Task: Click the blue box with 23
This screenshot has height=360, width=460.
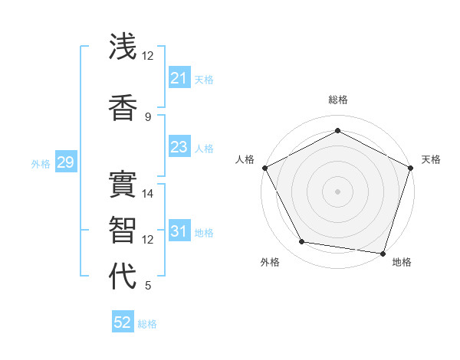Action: (x=179, y=147)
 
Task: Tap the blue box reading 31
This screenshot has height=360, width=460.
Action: (x=179, y=231)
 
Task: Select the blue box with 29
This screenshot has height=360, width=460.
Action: (x=65, y=162)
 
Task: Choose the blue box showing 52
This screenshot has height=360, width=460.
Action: (x=123, y=322)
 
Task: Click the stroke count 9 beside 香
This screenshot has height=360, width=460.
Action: (x=148, y=116)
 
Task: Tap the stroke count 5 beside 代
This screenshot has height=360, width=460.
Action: (x=148, y=286)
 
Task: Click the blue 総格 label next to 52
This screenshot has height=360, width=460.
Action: (x=147, y=324)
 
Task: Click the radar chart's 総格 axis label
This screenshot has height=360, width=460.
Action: (x=337, y=100)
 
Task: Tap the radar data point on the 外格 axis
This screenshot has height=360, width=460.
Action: (x=302, y=242)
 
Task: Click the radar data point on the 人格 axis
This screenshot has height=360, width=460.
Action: (x=264, y=168)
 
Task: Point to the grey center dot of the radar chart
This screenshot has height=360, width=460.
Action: (x=337, y=191)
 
